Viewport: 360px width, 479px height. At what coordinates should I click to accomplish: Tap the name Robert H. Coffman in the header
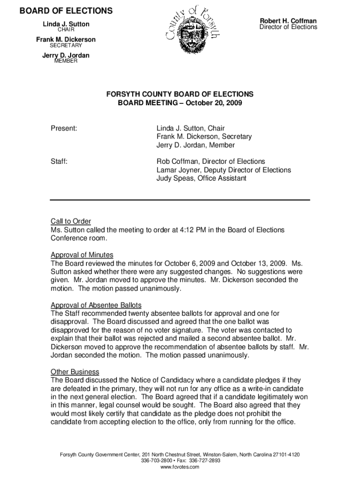pyautogui.click(x=288, y=21)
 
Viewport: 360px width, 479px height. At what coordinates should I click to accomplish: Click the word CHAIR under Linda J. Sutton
pyautogui.click(x=66, y=30)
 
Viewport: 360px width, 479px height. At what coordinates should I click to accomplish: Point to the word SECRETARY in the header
pyautogui.click(x=66, y=46)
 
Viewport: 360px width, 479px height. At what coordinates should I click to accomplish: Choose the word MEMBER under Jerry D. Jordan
pyautogui.click(x=66, y=61)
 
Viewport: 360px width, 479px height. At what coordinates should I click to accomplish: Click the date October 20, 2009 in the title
pyautogui.click(x=214, y=102)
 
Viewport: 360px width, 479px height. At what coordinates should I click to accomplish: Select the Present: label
pyautogui.click(x=64, y=128)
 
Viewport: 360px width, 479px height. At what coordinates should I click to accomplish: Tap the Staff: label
pyautogui.click(x=59, y=161)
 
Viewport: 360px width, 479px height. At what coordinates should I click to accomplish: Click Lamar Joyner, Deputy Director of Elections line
pyautogui.click(x=223, y=170)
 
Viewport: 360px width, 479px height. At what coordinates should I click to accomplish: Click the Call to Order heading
pyautogui.click(x=71, y=221)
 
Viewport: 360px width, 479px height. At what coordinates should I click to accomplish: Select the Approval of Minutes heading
pyautogui.click(x=82, y=255)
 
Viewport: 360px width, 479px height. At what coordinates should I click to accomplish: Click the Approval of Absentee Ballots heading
pyautogui.click(x=96, y=305)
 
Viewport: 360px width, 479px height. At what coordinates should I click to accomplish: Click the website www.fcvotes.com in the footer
pyautogui.click(x=180, y=467)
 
